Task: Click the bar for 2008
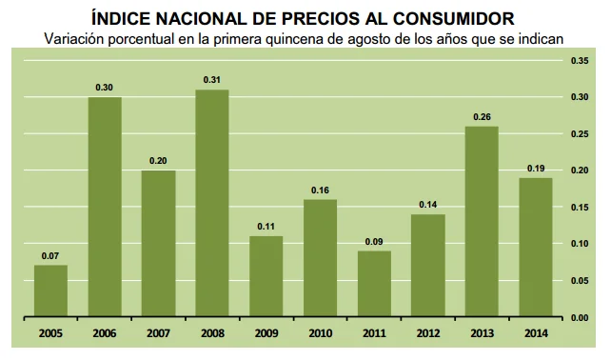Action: pyautogui.click(x=212, y=203)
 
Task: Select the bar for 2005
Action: pyautogui.click(x=50, y=290)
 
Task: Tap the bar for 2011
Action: pyautogui.click(x=374, y=283)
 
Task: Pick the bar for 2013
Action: pyautogui.click(x=482, y=221)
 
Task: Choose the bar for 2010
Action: pyautogui.click(x=320, y=257)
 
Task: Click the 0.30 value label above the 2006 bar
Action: pyautogui.click(x=105, y=88)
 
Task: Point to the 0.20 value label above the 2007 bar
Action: pyautogui.click(x=158, y=161)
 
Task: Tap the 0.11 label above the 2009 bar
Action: pyautogui.click(x=266, y=227)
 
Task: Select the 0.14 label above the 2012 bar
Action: pyautogui.click(x=428, y=205)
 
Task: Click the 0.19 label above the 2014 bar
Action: pyautogui.click(x=536, y=169)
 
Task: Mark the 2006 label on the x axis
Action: pyautogui.click(x=105, y=333)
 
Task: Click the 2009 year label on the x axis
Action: pyautogui.click(x=266, y=333)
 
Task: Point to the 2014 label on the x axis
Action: pyautogui.click(x=536, y=333)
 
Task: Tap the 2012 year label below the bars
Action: pyautogui.click(x=428, y=333)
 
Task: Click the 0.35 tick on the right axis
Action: pyautogui.click(x=580, y=61)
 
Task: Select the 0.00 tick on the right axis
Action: pyautogui.click(x=580, y=317)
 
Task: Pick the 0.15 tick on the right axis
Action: pyautogui.click(x=580, y=208)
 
